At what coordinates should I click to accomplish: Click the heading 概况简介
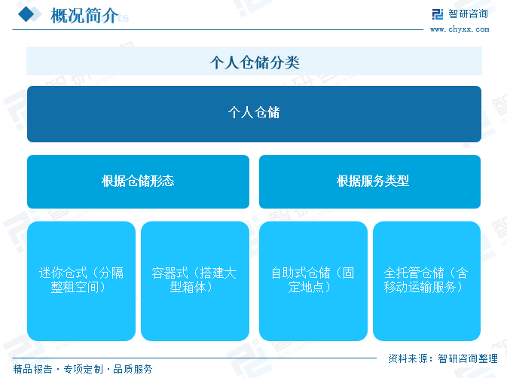84,16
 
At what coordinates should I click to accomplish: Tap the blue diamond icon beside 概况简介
26,14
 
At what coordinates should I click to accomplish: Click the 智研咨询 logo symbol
438,14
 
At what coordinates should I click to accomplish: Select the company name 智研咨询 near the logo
468,14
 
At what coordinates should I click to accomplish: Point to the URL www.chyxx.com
460,29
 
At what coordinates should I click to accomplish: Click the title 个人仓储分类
255,62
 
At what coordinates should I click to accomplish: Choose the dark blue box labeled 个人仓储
254,114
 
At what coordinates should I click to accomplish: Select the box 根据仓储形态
138,181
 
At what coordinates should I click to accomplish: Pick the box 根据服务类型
370,181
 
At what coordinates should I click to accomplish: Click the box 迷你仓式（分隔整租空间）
81,281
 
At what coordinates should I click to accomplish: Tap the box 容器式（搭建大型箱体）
195,281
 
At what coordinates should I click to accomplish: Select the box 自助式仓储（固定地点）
313,281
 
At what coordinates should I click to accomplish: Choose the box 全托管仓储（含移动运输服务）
427,281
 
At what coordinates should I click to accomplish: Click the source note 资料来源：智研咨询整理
443,358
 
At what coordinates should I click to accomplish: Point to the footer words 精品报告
32,369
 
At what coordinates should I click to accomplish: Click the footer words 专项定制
83,369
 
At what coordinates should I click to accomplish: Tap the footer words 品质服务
133,369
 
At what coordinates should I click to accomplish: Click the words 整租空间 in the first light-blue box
75,287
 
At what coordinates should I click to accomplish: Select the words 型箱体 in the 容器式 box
188,287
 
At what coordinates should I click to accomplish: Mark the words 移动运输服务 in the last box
420,287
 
